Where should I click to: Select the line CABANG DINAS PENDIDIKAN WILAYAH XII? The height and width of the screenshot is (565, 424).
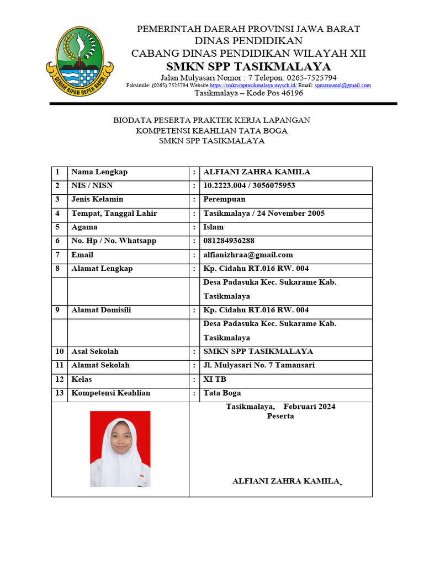(248, 54)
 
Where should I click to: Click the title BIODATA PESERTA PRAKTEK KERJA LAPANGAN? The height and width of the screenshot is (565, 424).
(211, 120)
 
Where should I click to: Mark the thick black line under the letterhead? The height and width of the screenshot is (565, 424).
(223, 103)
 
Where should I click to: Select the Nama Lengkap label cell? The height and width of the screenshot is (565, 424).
(99, 172)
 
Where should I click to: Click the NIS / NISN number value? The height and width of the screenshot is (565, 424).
(249, 186)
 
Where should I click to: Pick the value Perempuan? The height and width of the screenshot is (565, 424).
(224, 200)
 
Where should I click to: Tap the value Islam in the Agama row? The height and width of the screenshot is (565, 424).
(214, 227)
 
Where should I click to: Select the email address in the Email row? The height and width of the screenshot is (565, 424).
(248, 255)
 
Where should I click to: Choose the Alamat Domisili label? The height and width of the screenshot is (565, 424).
(101, 310)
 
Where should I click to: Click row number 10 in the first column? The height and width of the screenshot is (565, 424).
(59, 351)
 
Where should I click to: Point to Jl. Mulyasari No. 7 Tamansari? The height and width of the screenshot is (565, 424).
(258, 365)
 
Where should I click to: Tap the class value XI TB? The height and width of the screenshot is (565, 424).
(215, 379)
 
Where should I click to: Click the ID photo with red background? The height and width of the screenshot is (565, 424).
(120, 449)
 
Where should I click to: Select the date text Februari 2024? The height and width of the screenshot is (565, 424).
(309, 407)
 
